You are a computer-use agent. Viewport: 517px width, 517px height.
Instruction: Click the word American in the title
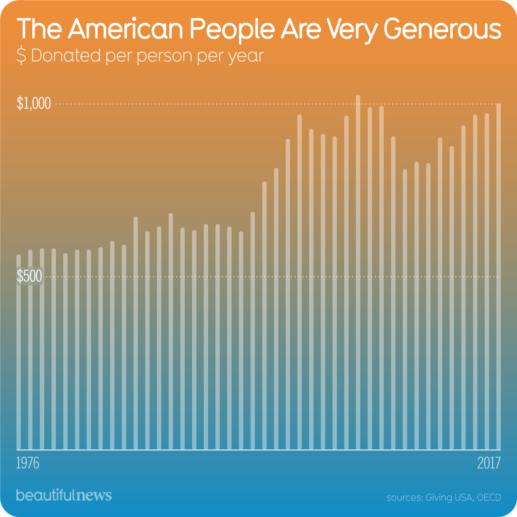pos(126,29)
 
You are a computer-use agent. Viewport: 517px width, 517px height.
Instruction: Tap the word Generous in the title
pos(442,29)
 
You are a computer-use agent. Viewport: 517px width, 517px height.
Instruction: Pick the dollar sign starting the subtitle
pos(21,56)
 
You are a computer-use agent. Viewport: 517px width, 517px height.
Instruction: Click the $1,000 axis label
pos(34,104)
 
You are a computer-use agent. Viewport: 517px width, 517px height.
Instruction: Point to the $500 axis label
pos(29,276)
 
